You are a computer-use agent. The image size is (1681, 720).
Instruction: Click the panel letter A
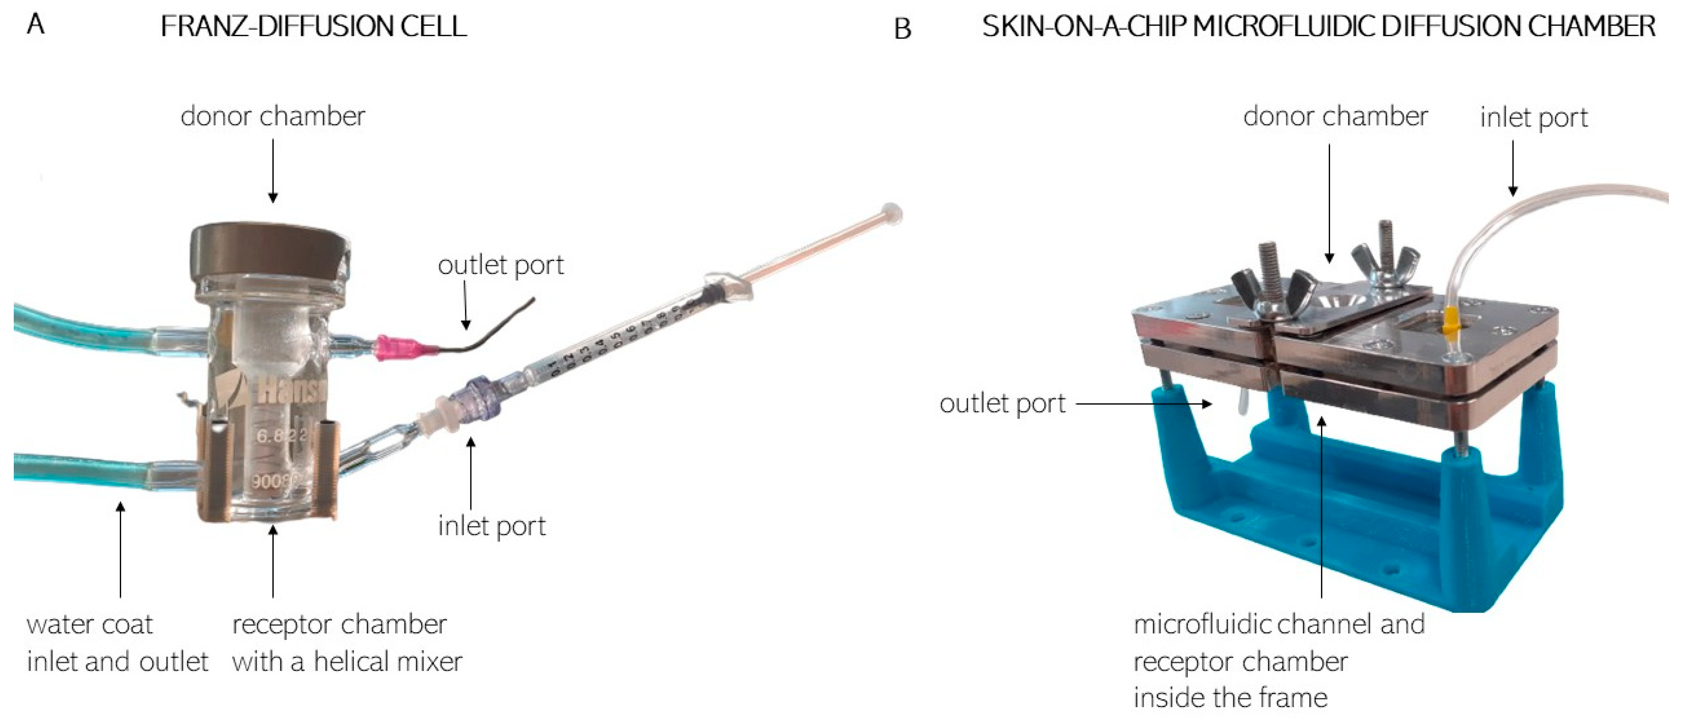tap(36, 25)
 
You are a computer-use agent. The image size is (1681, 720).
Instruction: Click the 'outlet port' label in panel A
tap(500, 265)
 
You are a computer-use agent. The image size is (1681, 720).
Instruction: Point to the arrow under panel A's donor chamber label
tap(273, 171)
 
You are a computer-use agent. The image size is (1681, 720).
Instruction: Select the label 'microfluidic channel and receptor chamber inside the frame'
tap(1279, 661)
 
